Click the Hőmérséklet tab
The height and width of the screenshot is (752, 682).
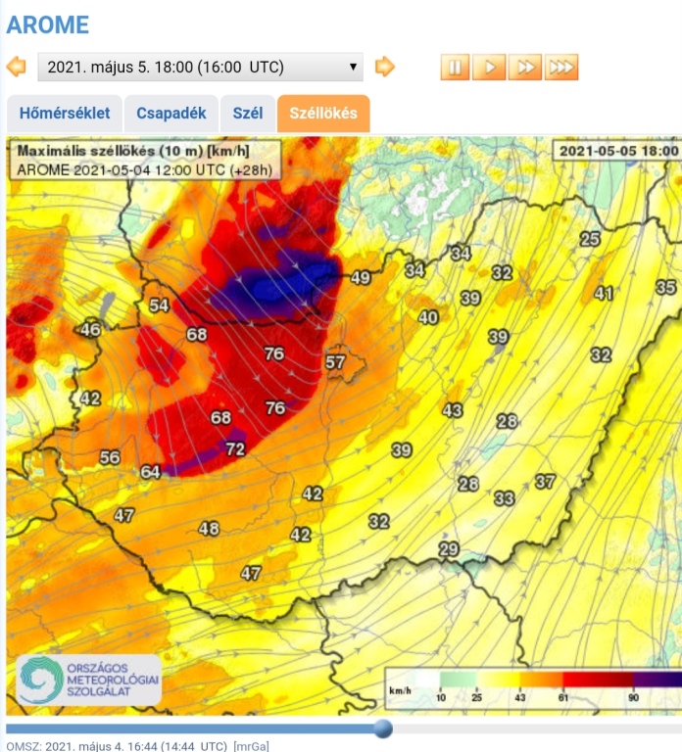pos(65,114)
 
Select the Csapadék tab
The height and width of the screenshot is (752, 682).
pos(171,114)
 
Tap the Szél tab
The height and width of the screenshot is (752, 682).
pos(248,114)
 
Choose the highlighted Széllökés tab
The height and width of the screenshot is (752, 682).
pos(323,114)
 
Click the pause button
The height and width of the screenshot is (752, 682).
pos(455,67)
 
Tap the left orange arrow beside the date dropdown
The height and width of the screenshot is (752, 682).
pos(17,67)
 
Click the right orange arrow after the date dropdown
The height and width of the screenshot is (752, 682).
pos(385,67)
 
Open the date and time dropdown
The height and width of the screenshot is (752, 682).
pos(200,67)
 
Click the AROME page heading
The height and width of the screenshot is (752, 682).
pos(47,24)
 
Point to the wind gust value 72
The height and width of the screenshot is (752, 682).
pos(235,449)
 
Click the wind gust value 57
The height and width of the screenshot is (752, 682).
pos(335,362)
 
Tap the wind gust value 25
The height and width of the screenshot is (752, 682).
pos(590,239)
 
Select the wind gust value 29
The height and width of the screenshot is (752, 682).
pos(449,549)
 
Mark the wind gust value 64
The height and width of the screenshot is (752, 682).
pos(150,472)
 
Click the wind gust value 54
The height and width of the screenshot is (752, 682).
pos(159,305)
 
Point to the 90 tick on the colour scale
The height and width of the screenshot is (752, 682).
pos(634,697)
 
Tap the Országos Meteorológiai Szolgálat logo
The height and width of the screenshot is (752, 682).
pos(88,680)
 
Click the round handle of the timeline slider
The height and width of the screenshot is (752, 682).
pos(383,728)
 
